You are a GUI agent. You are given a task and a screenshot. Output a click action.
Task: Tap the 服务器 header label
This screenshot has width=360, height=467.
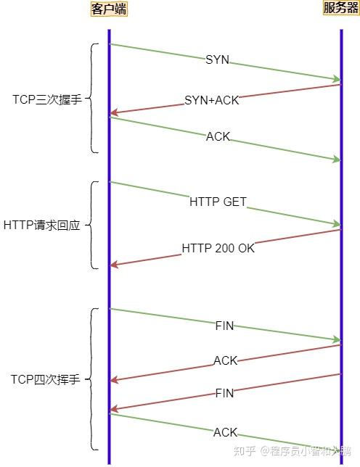point(340,8)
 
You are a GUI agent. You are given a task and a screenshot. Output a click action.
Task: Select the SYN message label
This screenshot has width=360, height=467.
point(217,60)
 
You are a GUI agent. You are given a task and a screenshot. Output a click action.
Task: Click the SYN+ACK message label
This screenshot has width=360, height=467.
point(211,100)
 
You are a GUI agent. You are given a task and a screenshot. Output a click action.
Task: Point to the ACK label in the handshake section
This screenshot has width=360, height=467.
point(218,136)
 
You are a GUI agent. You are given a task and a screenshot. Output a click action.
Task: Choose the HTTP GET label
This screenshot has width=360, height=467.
point(218,202)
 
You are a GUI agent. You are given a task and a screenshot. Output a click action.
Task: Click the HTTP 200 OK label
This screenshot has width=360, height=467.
point(218,248)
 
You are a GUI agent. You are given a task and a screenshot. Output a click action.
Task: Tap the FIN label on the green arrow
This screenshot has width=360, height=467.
point(225,326)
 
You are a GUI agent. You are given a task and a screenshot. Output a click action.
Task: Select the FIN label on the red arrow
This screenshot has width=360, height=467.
point(225,393)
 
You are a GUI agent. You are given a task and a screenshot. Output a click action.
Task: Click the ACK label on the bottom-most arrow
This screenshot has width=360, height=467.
point(225,432)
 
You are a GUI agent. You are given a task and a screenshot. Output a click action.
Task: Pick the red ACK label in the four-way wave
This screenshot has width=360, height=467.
point(225,360)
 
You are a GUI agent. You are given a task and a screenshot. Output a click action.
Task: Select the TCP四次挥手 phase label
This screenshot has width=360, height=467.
point(45,379)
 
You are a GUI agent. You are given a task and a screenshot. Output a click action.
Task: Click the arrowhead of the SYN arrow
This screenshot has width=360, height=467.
point(337,79)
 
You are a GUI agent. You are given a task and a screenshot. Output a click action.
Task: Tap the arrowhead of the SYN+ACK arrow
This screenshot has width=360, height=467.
point(113,113)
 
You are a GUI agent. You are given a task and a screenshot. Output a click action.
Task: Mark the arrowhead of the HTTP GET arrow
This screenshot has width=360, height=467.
point(337,224)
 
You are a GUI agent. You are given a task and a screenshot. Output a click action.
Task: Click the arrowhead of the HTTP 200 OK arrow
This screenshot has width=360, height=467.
point(113,265)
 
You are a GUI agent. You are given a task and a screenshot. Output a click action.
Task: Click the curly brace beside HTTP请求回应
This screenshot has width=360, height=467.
point(93,225)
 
